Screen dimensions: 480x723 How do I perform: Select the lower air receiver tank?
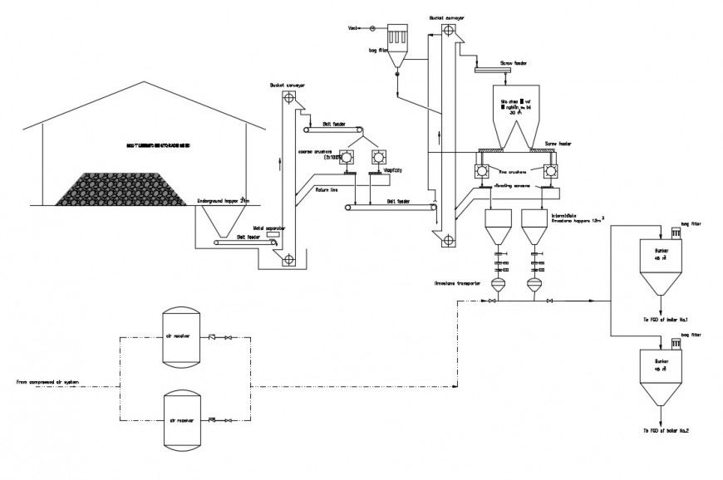tap(181, 419)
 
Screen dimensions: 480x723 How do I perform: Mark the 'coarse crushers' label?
tap(313, 151)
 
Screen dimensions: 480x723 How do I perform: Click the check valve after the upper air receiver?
tap(213, 337)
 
